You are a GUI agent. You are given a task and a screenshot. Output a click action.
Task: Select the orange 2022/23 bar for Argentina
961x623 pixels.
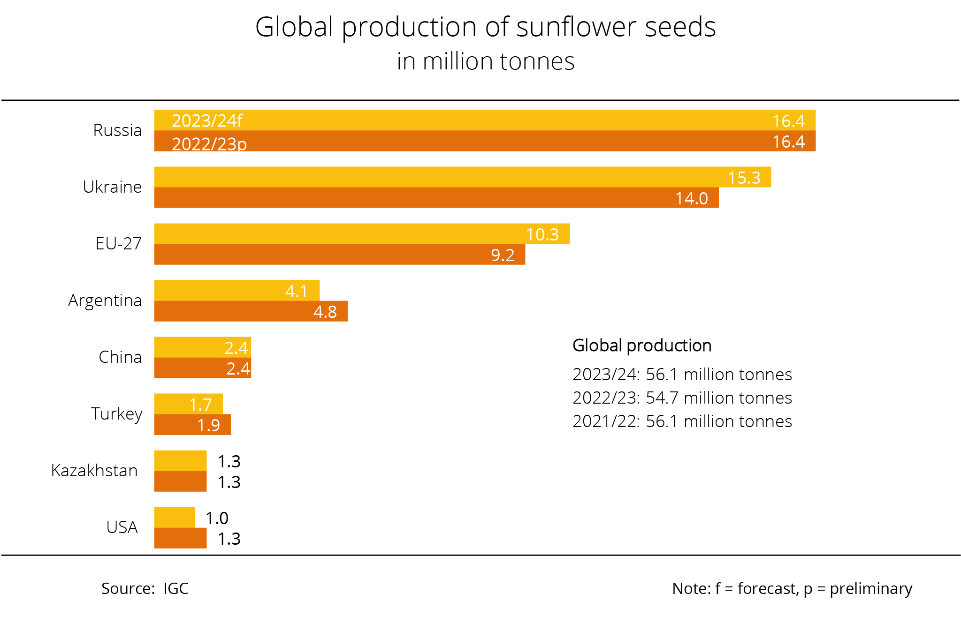click(235, 311)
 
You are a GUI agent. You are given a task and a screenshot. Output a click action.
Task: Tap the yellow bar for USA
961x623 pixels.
click(174, 518)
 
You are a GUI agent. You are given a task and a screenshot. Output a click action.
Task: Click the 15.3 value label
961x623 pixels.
click(744, 178)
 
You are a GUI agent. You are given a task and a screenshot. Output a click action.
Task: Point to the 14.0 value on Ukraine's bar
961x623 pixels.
click(691, 198)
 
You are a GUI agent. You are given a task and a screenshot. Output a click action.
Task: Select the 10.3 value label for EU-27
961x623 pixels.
click(542, 234)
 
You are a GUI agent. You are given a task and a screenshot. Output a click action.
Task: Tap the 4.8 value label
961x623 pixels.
click(325, 312)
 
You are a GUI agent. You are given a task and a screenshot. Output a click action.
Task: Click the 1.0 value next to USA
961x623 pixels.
click(217, 518)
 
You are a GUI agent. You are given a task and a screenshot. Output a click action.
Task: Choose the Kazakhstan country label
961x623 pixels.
click(94, 470)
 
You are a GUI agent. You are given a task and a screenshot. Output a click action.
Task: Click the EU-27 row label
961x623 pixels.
click(118, 244)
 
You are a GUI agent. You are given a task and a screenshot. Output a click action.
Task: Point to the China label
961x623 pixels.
click(120, 357)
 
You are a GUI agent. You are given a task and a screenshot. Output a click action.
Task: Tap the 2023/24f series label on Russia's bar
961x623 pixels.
click(207, 121)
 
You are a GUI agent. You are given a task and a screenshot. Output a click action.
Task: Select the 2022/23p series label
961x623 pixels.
click(209, 143)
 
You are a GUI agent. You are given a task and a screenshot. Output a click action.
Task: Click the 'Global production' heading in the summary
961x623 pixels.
click(642, 345)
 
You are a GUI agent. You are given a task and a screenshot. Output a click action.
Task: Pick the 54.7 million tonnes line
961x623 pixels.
click(682, 398)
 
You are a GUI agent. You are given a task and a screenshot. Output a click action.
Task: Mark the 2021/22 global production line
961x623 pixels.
click(682, 421)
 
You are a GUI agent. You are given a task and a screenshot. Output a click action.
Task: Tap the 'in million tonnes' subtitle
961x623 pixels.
click(485, 61)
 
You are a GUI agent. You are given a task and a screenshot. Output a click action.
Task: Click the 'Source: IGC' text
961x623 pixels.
click(145, 588)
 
